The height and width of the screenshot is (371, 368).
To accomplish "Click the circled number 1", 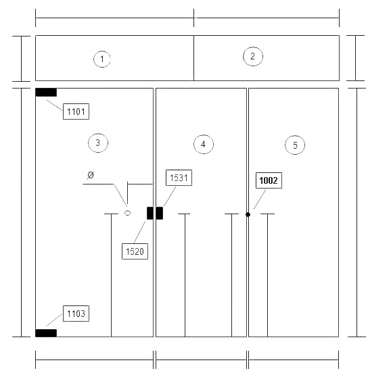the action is tap(102, 59).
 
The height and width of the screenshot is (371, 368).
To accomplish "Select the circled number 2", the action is tap(253, 56).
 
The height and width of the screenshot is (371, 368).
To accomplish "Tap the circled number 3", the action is tap(98, 143).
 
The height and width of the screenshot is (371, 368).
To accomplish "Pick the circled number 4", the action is tap(204, 144).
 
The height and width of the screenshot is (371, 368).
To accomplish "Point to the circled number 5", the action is tap(295, 145).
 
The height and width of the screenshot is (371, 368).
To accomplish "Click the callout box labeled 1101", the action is tap(76, 112).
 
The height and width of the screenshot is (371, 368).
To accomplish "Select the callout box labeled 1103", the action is tap(76, 314).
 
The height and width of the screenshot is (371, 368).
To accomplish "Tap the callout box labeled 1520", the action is tap(135, 251).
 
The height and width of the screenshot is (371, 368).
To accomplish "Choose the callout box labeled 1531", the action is tap(179, 178).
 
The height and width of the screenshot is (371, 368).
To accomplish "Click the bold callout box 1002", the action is tap(269, 180).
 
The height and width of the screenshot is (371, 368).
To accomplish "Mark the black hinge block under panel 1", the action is tap(46, 93).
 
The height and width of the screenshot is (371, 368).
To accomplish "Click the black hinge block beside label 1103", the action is tap(46, 333).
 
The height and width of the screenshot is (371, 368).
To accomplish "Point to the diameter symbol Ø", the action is tap(91, 175).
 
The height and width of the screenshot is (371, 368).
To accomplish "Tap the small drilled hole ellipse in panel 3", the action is tap(127, 213).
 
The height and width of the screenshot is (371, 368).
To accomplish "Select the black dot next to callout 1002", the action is tap(248, 215).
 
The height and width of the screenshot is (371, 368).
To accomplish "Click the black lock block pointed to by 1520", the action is tap(150, 213).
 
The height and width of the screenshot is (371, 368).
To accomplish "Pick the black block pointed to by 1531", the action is tap(160, 213).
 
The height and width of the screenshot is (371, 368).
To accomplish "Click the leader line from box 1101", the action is tap(55, 105).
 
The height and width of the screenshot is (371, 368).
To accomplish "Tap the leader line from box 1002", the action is tap(260, 199).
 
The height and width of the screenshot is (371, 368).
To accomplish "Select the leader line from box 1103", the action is tap(54, 320).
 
